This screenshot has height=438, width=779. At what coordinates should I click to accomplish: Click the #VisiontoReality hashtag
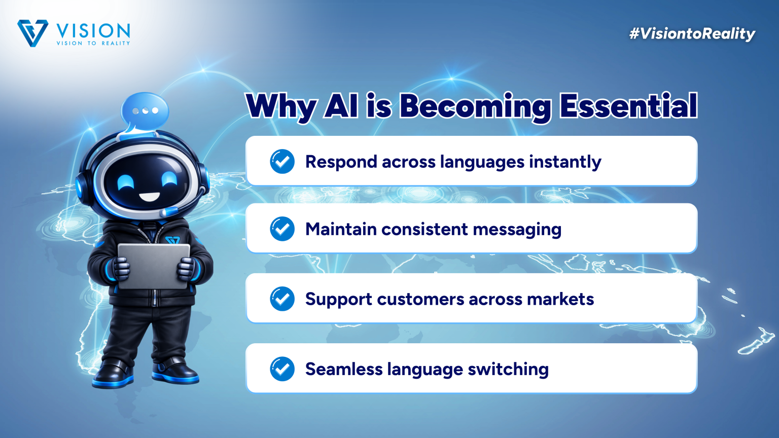point(692,34)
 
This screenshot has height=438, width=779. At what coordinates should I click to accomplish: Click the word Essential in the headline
point(628,105)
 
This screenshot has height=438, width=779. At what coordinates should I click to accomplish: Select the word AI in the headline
point(341,105)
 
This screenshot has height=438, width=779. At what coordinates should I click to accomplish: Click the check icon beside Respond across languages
point(282,161)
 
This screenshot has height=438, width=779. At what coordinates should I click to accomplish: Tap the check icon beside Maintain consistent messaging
point(282,229)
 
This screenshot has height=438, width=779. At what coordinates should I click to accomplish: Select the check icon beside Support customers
point(282,299)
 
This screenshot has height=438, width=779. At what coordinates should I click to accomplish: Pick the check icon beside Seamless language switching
point(282,369)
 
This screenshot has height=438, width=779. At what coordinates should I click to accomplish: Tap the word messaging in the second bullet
point(517,230)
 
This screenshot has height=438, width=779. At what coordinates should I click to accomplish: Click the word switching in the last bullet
point(508,370)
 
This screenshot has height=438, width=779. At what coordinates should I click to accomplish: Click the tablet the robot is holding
point(154,266)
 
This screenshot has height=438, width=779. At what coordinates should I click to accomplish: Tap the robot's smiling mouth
point(150,197)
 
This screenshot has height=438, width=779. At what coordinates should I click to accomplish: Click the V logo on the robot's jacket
point(172,240)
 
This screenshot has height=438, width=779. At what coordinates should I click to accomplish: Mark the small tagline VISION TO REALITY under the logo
point(93,43)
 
